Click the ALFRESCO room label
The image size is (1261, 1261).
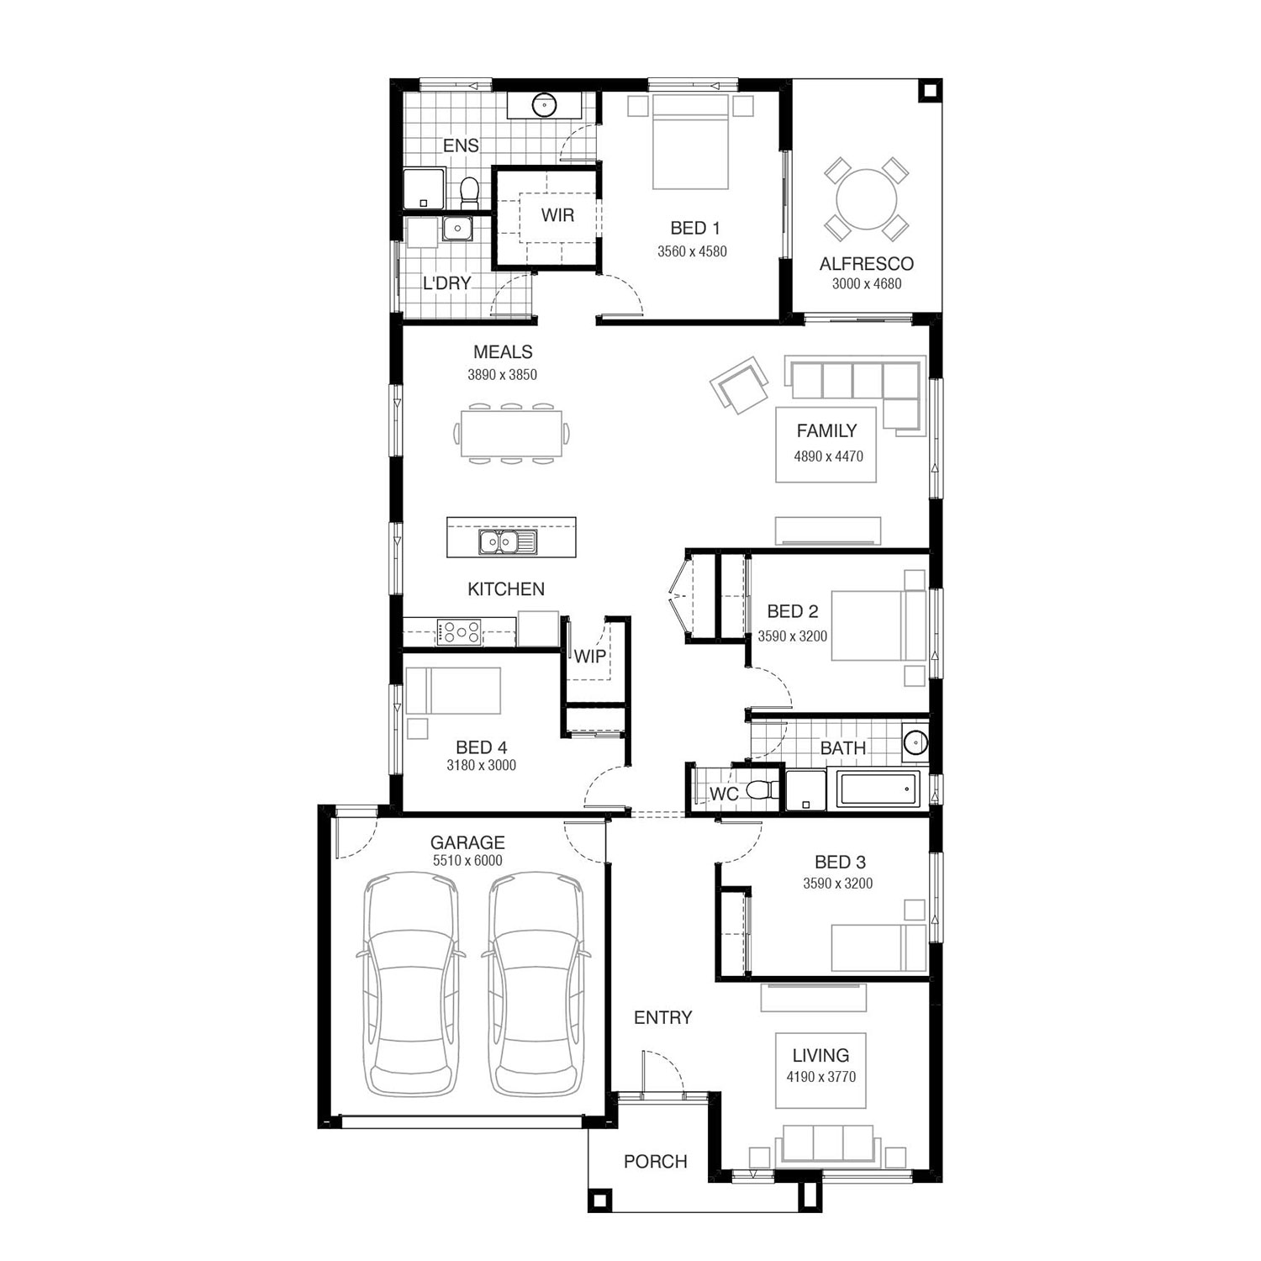tap(866, 263)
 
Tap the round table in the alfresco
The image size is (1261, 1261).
tap(867, 199)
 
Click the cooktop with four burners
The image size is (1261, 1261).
tap(459, 631)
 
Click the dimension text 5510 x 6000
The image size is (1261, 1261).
tap(467, 860)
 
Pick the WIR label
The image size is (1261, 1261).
tap(557, 215)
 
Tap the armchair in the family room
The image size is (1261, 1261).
tap(740, 384)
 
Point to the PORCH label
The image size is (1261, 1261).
tap(656, 1161)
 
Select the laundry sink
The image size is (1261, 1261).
tap(458, 228)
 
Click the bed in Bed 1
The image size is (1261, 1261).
tap(690, 141)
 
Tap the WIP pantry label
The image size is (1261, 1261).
tap(589, 656)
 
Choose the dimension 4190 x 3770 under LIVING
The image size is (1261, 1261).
tap(820, 1077)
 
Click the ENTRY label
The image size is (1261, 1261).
tap(663, 1017)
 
